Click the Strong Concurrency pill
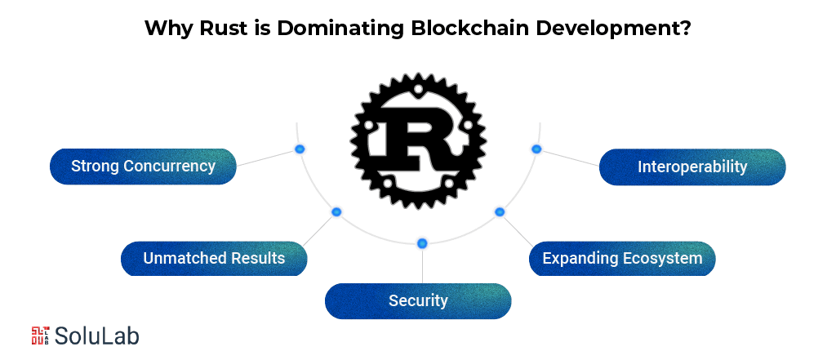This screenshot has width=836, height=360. click(x=143, y=167)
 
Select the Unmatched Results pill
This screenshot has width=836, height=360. click(x=214, y=259)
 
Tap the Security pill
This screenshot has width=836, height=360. click(x=418, y=300)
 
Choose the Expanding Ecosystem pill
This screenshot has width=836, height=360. click(x=622, y=259)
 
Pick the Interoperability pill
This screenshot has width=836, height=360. click(x=692, y=167)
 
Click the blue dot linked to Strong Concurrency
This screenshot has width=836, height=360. click(x=299, y=149)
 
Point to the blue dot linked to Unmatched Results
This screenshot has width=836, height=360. click(x=336, y=212)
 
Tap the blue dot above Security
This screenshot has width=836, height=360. click(x=422, y=243)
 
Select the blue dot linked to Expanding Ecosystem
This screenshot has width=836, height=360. click(x=500, y=212)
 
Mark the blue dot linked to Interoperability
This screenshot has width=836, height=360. click(x=536, y=149)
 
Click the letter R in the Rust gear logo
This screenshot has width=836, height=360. click(x=417, y=140)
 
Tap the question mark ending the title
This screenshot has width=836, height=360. click(x=687, y=28)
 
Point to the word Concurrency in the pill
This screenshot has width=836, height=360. click(x=169, y=167)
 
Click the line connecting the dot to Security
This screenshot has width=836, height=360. click(x=422, y=265)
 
